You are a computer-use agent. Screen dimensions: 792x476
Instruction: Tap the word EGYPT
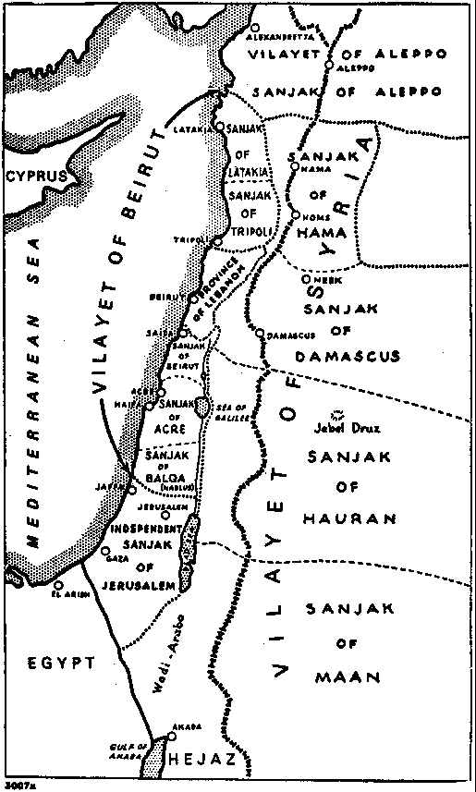point(61,663)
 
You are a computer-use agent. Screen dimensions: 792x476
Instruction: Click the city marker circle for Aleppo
point(329,66)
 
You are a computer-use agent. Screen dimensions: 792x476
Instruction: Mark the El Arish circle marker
point(58,584)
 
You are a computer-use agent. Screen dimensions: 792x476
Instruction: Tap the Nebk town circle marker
point(305,278)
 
